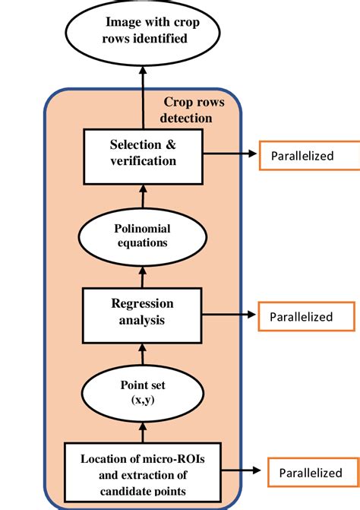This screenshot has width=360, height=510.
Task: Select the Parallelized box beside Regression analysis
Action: pos(306,316)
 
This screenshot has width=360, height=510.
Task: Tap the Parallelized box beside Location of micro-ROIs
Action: pos(311,472)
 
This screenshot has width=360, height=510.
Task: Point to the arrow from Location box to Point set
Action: pos(142,432)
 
